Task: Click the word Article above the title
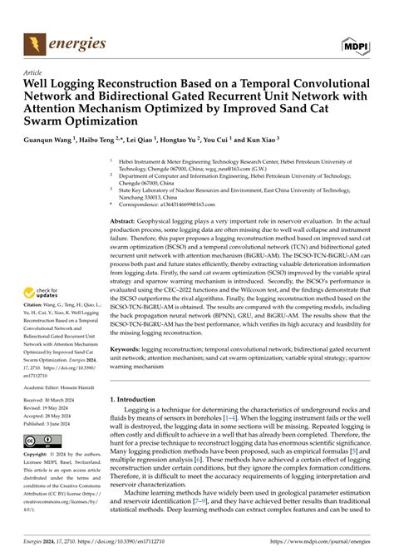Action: point(35,73)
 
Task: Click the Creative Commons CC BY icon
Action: point(42,441)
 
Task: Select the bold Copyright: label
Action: point(38,455)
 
